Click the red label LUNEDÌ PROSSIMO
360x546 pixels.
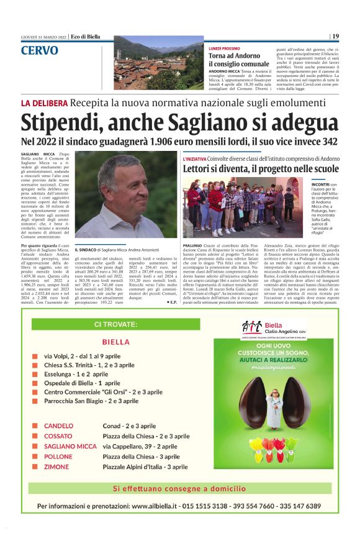[224, 48]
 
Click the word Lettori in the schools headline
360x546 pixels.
[202, 169]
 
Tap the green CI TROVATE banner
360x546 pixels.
[115, 324]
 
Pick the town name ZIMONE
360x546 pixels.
[56, 466]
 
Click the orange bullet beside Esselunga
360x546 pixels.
[35, 375]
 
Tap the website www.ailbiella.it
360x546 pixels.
[166, 506]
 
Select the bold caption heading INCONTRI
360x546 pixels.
[320, 184]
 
